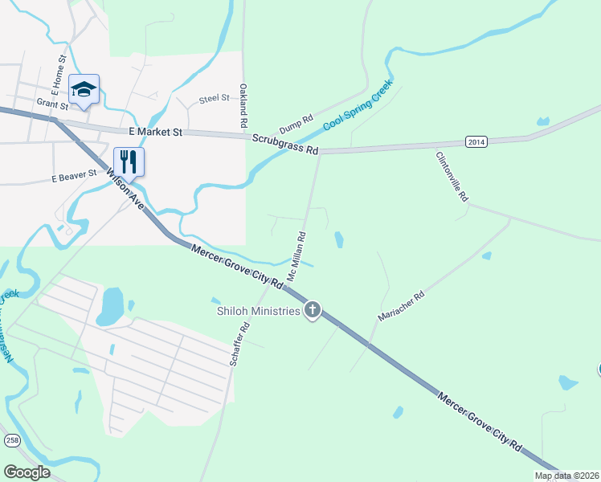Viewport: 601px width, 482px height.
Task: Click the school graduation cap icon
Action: (84, 90)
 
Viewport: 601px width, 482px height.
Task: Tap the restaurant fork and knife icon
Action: (129, 161)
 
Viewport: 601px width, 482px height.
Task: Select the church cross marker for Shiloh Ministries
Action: (313, 310)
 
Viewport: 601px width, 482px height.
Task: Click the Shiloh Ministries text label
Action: (257, 311)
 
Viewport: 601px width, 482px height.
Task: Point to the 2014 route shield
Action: (476, 141)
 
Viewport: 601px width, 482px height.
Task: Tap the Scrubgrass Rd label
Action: (285, 144)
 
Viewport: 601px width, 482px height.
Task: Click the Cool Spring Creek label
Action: (358, 105)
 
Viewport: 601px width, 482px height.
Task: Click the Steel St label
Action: (214, 98)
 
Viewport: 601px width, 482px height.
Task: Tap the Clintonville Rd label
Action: (452, 176)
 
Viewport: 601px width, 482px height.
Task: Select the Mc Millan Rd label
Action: (297, 256)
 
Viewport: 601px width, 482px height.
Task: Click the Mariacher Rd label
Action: (401, 306)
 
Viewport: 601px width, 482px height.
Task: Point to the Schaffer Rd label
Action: (240, 345)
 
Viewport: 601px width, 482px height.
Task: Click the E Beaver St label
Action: (74, 177)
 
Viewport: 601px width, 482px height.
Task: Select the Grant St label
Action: (54, 103)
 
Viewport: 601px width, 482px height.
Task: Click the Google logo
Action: (27, 472)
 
